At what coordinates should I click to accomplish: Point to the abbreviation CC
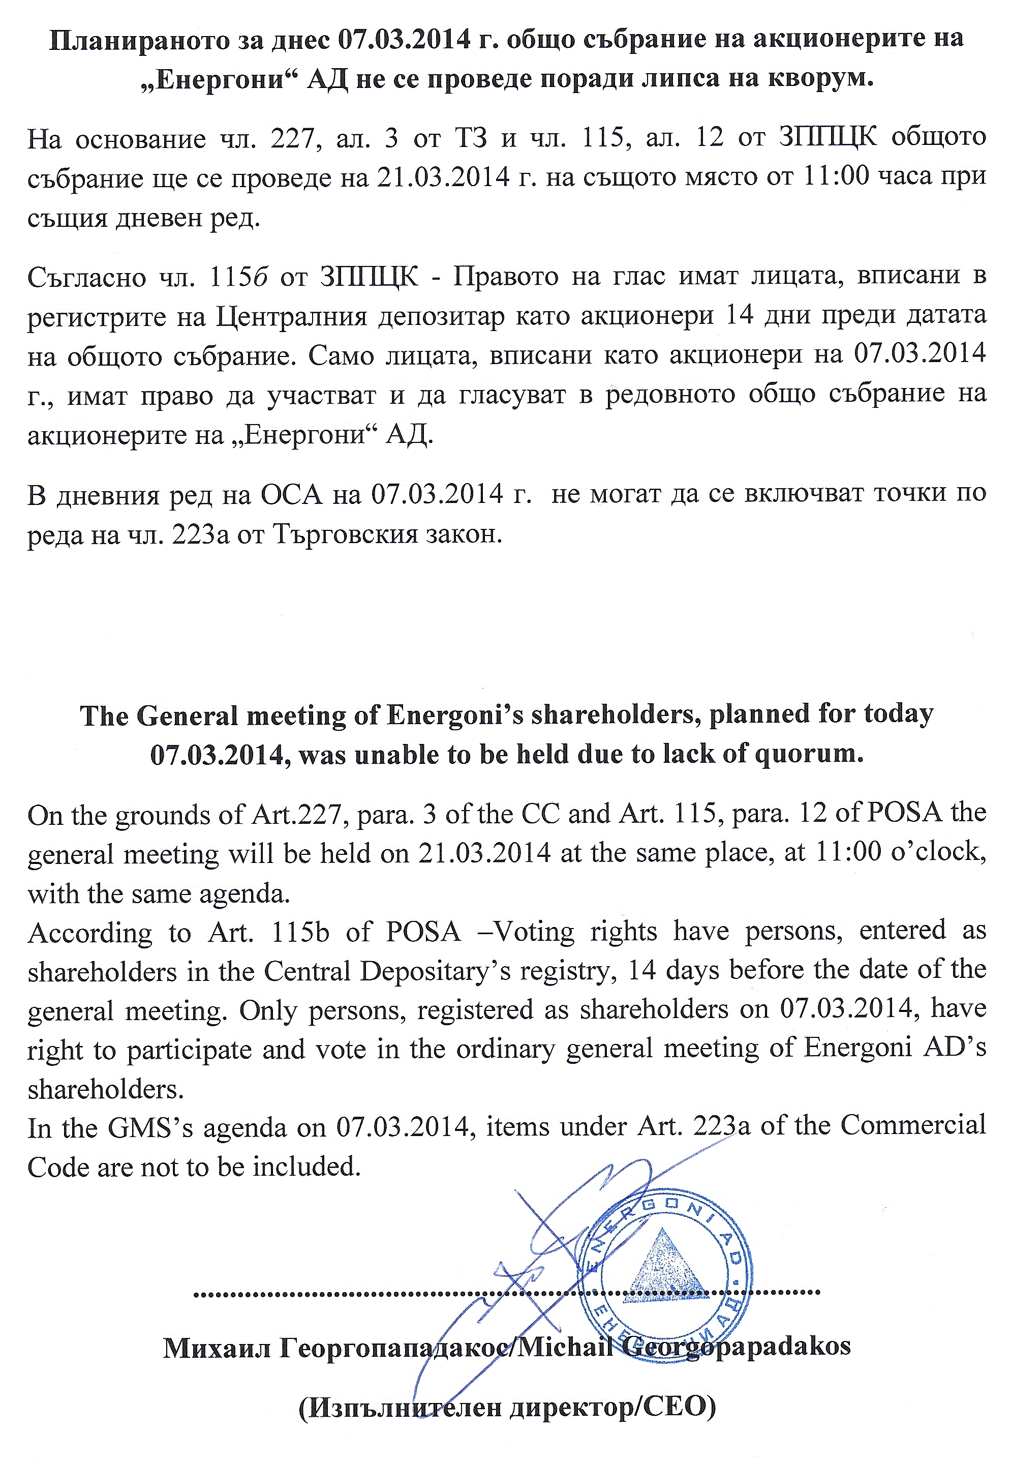(540, 813)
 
